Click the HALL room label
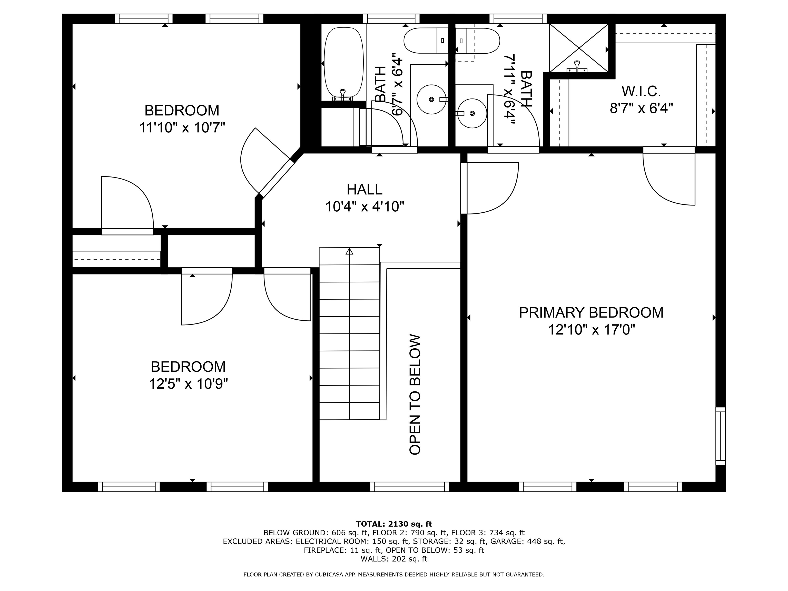[x=365, y=190]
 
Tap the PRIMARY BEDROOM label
[x=591, y=312]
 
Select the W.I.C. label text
[x=641, y=91]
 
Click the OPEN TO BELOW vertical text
[x=415, y=394]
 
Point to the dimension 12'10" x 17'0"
[x=591, y=330]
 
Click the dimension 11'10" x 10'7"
[x=182, y=127]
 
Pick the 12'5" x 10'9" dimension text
[x=189, y=384]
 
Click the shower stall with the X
[x=579, y=48]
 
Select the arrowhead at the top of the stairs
[x=349, y=251]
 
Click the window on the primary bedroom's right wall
[x=720, y=436]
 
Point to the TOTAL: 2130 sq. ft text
[x=394, y=524]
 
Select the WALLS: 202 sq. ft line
[x=394, y=559]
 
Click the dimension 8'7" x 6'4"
[x=641, y=108]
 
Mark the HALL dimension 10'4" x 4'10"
[x=365, y=206]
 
